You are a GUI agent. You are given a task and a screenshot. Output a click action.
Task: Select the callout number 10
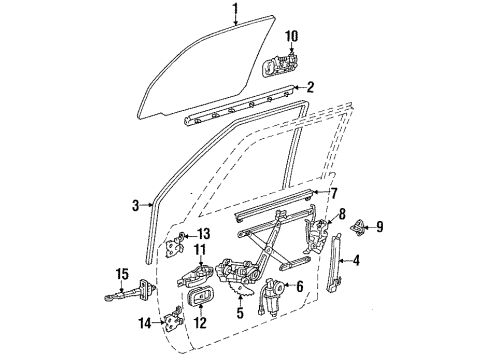[x=291, y=38]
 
